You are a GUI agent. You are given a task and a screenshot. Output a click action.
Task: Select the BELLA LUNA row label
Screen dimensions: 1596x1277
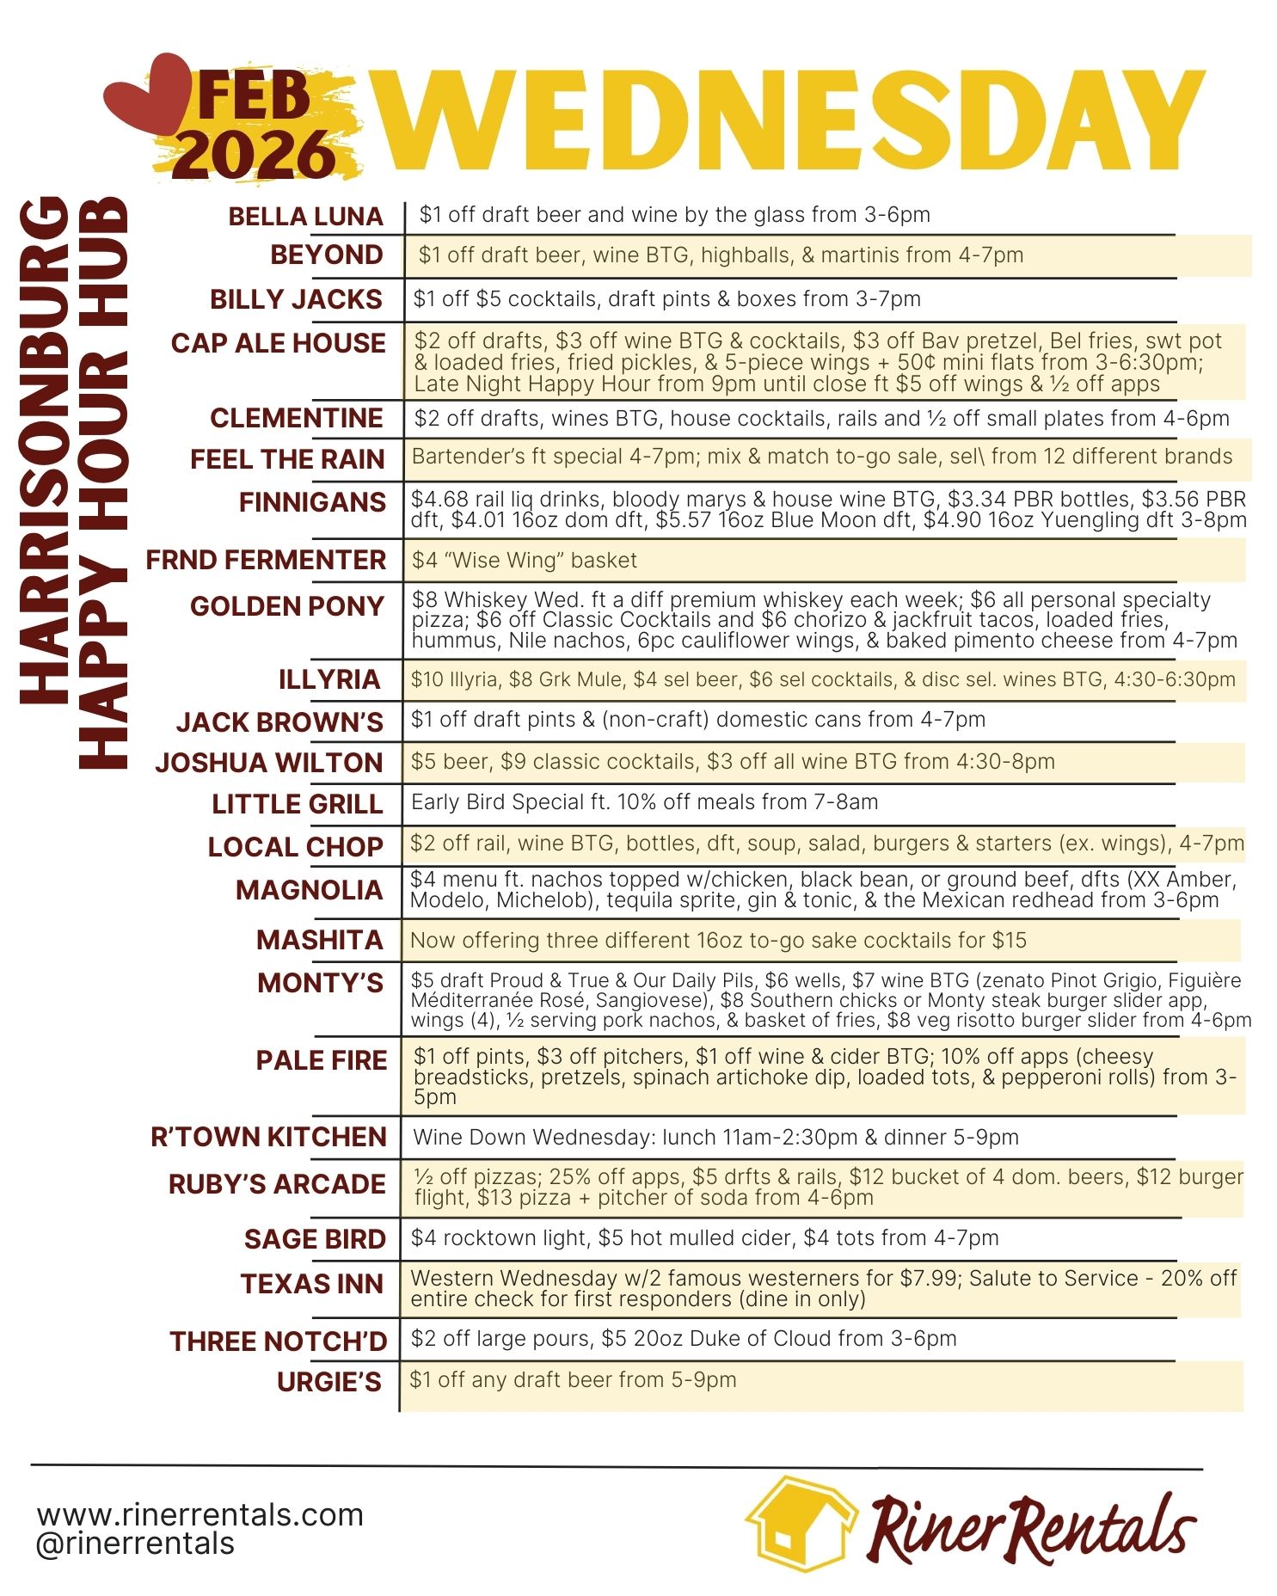(x=305, y=216)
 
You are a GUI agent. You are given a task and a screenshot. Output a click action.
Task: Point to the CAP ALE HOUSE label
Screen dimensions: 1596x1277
(x=278, y=343)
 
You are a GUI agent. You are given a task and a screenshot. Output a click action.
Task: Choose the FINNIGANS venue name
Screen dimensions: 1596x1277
(x=312, y=502)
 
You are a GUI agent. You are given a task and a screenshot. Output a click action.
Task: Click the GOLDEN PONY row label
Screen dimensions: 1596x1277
(x=287, y=606)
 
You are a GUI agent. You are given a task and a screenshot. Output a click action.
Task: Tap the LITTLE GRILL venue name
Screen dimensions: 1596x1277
(x=298, y=804)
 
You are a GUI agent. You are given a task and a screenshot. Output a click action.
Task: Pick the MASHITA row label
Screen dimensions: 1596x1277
(x=320, y=940)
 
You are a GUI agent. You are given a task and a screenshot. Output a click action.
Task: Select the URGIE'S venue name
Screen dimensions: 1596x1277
(x=329, y=1382)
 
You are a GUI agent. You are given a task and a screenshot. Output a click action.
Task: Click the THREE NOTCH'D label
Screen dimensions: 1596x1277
(x=279, y=1341)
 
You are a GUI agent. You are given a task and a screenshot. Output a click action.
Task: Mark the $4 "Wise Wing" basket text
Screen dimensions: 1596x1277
(x=525, y=561)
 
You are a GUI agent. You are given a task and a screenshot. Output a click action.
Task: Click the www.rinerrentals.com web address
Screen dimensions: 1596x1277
(x=200, y=1514)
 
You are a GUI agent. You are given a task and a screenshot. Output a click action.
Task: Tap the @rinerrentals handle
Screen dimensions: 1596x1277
(x=135, y=1544)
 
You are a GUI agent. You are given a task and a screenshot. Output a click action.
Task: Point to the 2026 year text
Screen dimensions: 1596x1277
(x=258, y=155)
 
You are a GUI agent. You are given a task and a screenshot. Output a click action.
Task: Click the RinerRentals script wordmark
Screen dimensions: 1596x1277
(x=1032, y=1528)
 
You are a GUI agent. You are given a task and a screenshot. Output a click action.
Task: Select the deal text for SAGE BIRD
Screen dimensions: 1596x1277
(x=704, y=1238)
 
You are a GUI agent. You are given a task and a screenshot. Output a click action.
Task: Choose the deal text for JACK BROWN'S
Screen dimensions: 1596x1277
(x=697, y=720)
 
